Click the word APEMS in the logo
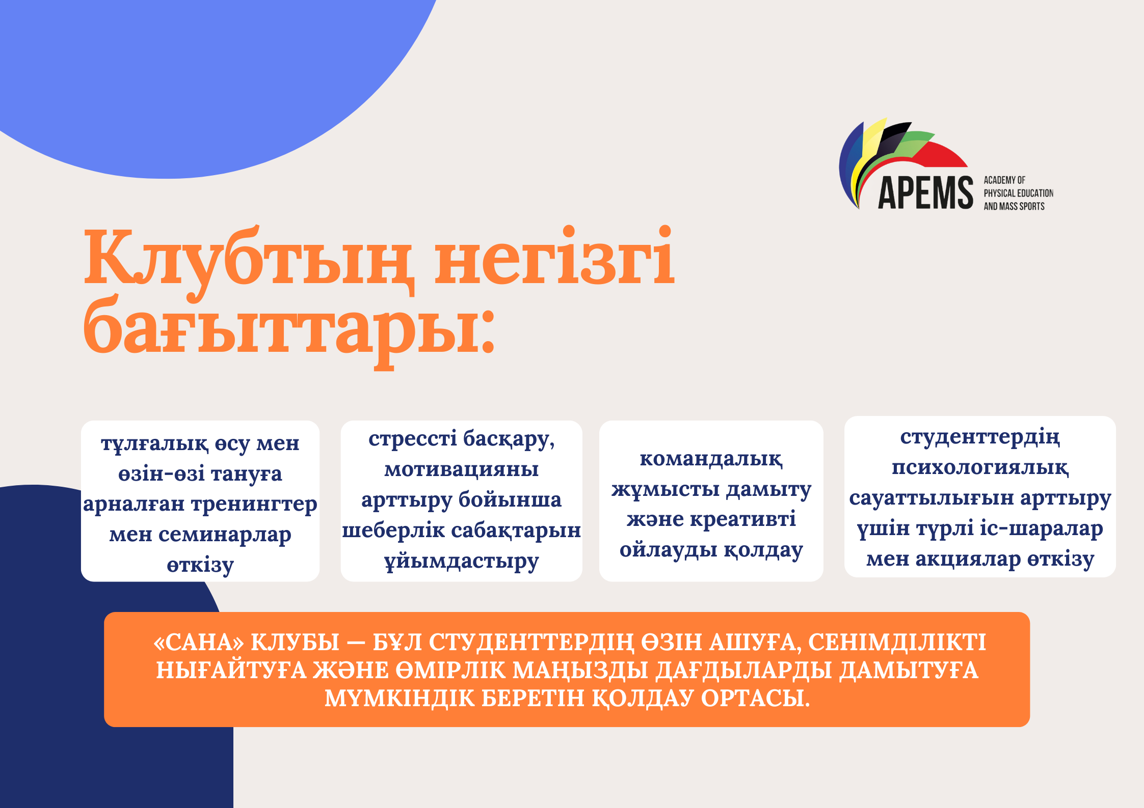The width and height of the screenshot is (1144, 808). point(925,192)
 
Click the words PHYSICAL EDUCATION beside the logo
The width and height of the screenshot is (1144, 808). point(1018,193)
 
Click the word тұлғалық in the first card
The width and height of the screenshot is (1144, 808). point(154,444)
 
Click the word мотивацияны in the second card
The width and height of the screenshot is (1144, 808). point(461,469)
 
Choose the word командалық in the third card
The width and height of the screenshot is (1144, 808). point(711,459)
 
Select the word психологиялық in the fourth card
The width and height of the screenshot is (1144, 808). point(980,467)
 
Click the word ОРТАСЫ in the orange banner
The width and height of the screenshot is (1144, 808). point(755,698)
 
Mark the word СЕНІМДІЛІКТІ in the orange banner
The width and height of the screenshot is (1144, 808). point(897,642)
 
